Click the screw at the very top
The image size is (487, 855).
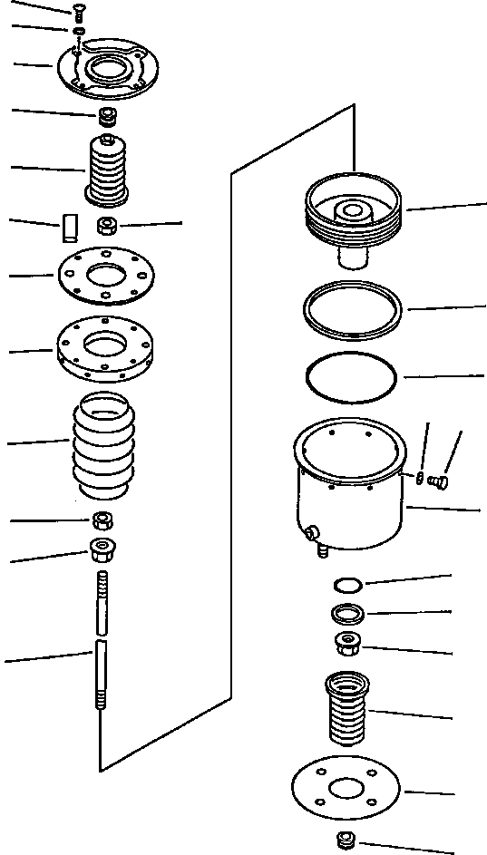click(80, 13)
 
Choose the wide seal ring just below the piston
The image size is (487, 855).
click(353, 308)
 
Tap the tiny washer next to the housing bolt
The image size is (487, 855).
click(422, 478)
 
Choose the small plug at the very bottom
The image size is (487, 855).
click(346, 840)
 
